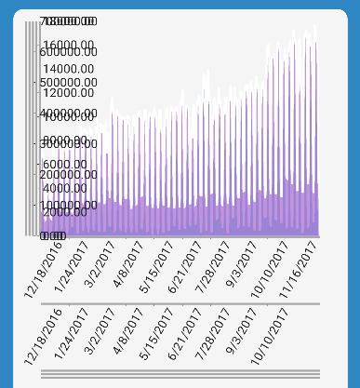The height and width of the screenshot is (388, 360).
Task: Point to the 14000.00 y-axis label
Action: click(x=69, y=68)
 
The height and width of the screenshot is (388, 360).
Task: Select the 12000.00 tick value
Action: click(x=69, y=92)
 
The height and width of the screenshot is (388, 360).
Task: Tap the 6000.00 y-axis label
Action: click(x=66, y=164)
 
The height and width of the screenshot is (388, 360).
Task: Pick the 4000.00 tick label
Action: click(x=66, y=188)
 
